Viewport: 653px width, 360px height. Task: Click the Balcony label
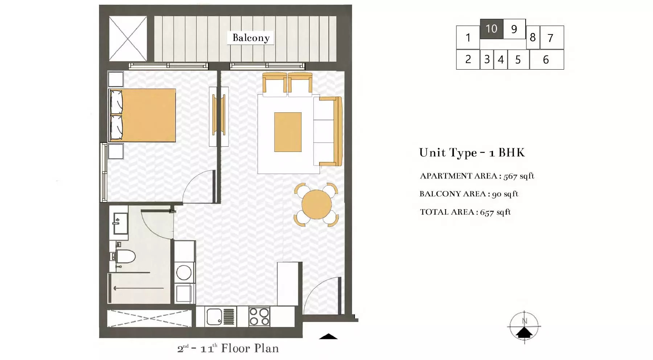coord(251,38)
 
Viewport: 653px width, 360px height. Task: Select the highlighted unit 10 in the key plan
coord(492,29)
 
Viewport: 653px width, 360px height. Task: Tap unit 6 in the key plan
coord(546,59)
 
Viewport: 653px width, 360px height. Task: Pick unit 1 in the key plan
coord(468,37)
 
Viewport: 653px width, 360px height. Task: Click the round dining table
coord(316,204)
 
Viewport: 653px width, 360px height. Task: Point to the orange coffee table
coord(288,132)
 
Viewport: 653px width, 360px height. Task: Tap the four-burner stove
coord(259,316)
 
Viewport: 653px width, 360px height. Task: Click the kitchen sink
coord(214,316)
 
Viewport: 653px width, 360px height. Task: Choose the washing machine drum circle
coord(184,273)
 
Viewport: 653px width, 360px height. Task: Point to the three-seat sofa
coord(328,131)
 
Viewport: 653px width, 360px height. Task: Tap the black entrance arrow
coord(328,336)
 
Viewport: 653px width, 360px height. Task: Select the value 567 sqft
coord(519,176)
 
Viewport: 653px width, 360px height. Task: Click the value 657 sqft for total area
coord(495,212)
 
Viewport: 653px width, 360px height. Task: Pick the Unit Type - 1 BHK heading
coord(472,153)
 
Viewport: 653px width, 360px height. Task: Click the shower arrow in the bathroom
coord(139,288)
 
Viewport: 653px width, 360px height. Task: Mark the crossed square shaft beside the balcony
coord(128,38)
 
